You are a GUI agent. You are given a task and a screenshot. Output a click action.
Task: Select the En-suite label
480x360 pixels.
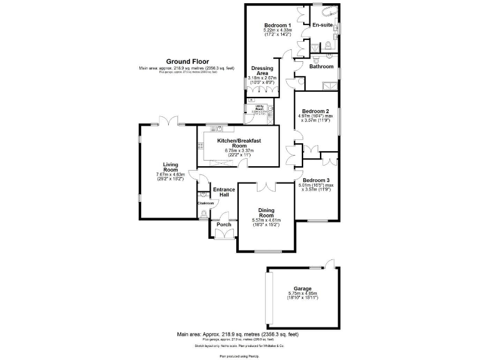pyautogui.click(x=321, y=25)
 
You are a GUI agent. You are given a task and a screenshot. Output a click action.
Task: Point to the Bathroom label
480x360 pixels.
pyautogui.click(x=321, y=66)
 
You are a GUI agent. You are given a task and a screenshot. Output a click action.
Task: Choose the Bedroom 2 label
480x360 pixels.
pyautogui.click(x=317, y=111)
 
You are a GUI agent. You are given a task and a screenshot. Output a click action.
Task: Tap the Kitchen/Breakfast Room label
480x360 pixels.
pyautogui.click(x=239, y=144)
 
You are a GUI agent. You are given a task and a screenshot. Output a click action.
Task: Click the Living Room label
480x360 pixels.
pyautogui.click(x=171, y=167)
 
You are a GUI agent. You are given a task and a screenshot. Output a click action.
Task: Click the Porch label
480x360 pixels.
pyautogui.click(x=223, y=224)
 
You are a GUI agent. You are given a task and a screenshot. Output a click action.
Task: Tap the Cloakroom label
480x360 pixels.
pyautogui.click(x=206, y=203)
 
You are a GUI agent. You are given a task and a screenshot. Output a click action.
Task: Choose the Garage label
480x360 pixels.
pyautogui.click(x=302, y=288)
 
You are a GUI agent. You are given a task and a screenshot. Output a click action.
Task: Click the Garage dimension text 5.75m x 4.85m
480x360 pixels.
pyautogui.click(x=302, y=293)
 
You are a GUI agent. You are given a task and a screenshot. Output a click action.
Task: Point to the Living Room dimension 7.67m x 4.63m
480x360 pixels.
pyautogui.click(x=171, y=176)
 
